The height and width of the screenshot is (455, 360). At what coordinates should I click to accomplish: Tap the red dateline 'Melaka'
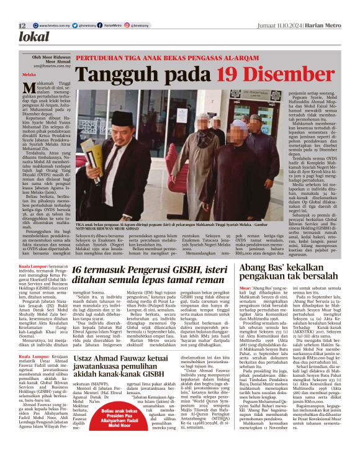30,74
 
